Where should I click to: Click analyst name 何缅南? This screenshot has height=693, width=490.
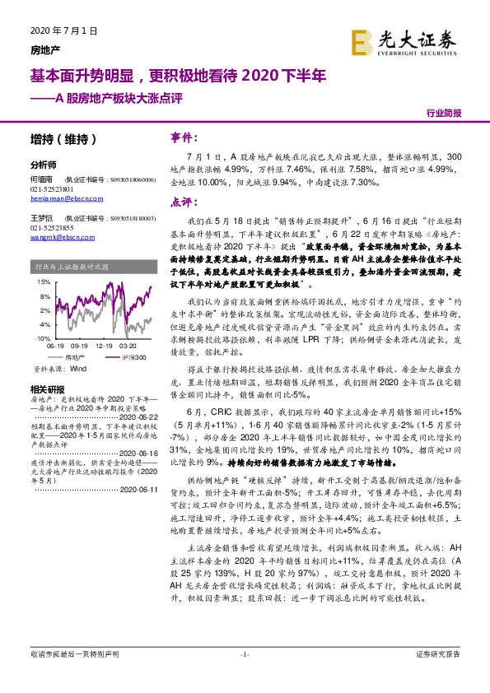click(x=40, y=179)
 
